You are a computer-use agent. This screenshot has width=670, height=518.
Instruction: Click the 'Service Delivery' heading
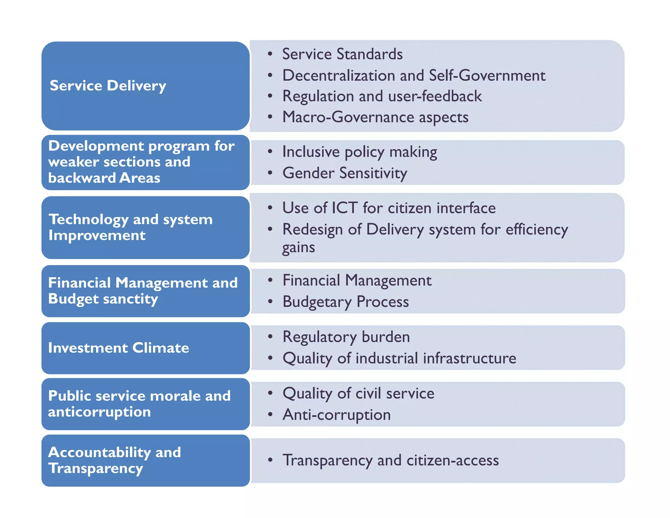[108, 86]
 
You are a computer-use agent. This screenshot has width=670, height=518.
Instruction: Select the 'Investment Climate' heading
[118, 348]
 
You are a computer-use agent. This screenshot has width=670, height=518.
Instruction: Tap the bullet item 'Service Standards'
[342, 54]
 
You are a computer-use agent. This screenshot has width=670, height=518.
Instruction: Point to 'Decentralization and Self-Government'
[414, 75]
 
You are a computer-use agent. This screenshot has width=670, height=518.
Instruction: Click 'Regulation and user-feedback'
[382, 96]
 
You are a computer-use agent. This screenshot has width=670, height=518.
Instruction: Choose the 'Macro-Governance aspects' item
[375, 117]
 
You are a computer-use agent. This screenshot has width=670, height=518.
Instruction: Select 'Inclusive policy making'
[360, 152]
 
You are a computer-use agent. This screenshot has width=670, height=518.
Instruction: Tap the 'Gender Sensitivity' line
[345, 173]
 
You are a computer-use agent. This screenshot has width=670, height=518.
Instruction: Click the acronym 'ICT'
[344, 208]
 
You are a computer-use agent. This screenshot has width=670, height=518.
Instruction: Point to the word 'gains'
[298, 248]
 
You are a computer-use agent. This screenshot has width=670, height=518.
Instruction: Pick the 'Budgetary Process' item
[345, 302]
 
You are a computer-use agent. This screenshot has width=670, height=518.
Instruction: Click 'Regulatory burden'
[346, 337]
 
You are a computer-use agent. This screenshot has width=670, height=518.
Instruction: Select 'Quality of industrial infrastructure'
[399, 358]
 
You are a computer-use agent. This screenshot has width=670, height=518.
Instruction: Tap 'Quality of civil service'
[358, 393]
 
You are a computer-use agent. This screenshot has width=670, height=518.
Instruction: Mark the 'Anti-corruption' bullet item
[337, 415]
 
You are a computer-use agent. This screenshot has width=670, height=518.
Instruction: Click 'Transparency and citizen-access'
[391, 460]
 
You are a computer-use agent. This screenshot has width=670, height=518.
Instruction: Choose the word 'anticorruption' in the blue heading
[99, 412]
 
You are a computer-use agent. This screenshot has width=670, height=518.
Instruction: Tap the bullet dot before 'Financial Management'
[270, 280]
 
